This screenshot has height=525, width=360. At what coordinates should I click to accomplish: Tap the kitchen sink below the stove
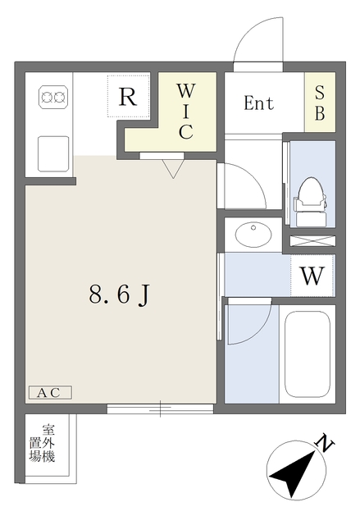[x=53, y=153]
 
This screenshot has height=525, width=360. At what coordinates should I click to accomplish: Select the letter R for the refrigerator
[x=128, y=97]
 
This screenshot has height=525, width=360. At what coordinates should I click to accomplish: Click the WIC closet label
[x=185, y=112]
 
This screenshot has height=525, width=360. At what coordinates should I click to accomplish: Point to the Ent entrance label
[x=258, y=103]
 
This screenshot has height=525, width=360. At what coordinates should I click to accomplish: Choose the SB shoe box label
[x=320, y=103]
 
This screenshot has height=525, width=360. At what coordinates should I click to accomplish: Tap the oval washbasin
[x=253, y=234]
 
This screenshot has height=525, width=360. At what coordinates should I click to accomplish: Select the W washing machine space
[x=312, y=276]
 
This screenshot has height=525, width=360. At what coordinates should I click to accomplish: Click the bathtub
[x=308, y=354]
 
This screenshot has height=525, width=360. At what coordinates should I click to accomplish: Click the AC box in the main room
[x=50, y=392]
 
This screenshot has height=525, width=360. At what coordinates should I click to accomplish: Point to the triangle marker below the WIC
[x=173, y=169]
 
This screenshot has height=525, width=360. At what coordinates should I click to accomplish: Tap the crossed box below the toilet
[x=312, y=241]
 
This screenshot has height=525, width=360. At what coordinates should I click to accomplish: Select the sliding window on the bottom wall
[x=160, y=409]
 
